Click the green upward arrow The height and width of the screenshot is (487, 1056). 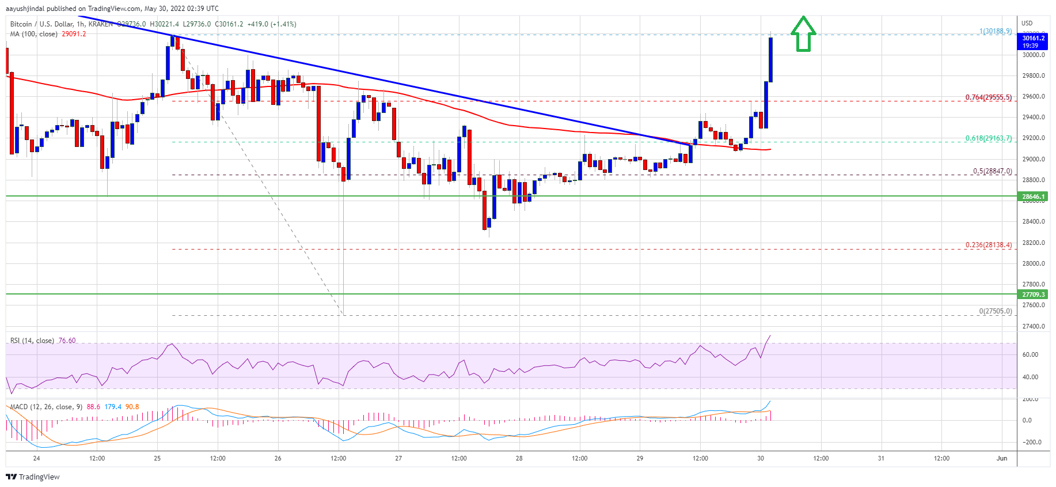tap(803, 34)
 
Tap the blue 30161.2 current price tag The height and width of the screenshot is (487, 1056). tap(1034, 41)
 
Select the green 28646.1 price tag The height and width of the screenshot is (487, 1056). tap(1034, 197)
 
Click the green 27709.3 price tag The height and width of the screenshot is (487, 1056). tap(1034, 295)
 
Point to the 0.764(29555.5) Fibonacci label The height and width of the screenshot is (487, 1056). tap(988, 97)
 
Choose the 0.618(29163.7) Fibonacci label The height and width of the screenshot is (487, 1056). tap(988, 138)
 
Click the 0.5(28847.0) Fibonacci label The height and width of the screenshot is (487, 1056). tap(992, 171)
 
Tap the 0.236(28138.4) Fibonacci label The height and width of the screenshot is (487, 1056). tap(988, 245)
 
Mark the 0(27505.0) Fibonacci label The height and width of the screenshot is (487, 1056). tap(995, 311)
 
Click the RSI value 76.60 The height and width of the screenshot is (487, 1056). tap(67, 341)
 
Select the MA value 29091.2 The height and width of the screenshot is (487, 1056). tap(74, 34)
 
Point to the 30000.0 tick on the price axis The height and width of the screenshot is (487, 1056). tap(1034, 55)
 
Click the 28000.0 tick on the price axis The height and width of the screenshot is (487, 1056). tap(1034, 263)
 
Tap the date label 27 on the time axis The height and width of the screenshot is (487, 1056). tap(398, 458)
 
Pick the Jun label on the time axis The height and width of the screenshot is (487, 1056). tap(1002, 458)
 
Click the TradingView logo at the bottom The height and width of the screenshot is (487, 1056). tap(33, 477)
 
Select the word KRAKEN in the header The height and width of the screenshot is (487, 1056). tap(100, 24)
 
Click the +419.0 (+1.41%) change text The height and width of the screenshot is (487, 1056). tap(271, 24)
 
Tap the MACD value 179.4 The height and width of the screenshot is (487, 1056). tap(113, 407)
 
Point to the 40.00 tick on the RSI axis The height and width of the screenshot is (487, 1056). tap(1030, 377)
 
